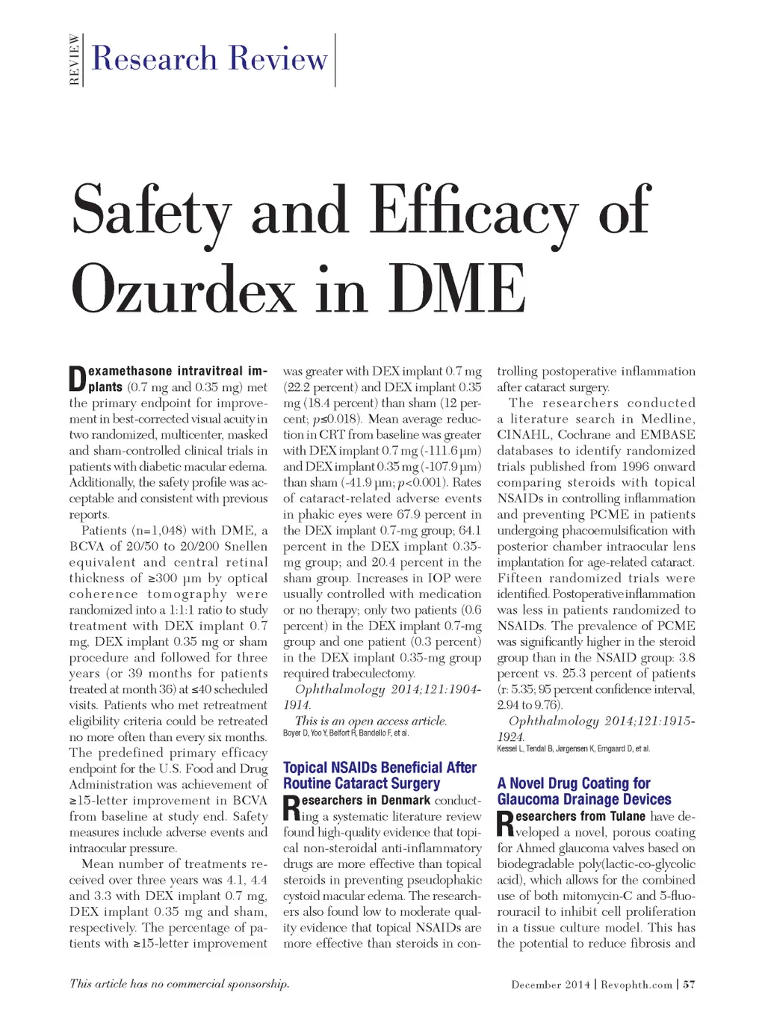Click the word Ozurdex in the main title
click(183, 289)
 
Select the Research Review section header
click(209, 59)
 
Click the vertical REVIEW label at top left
click(74, 60)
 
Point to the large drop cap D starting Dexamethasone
click(78, 379)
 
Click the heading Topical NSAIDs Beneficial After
click(380, 768)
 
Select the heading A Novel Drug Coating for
click(574, 783)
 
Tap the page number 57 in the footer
click(689, 985)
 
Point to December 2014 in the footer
click(551, 985)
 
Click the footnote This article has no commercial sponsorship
click(179, 984)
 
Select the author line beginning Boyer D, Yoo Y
click(346, 733)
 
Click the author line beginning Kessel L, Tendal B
click(573, 748)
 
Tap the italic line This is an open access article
click(371, 721)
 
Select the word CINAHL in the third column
click(521, 435)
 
